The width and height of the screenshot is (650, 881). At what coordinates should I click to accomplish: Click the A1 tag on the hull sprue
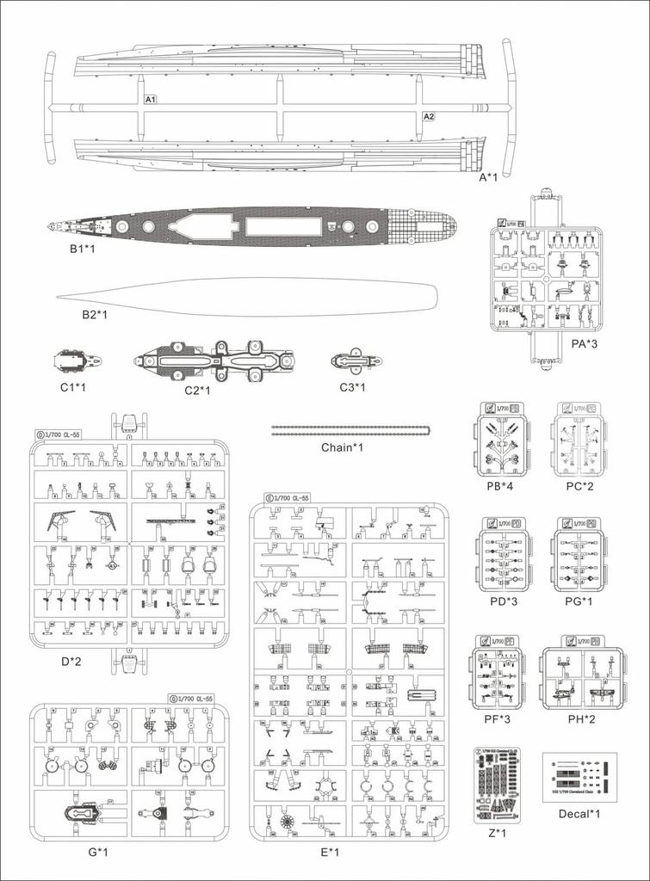[150, 101]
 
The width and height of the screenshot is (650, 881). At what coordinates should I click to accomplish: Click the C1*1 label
[73, 387]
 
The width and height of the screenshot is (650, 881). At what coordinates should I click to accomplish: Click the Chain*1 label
[343, 447]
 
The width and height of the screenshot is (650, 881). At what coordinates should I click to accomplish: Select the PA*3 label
[585, 342]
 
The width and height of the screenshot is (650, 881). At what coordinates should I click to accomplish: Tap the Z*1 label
[498, 834]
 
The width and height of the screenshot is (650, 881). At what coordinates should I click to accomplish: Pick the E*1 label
[331, 853]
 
